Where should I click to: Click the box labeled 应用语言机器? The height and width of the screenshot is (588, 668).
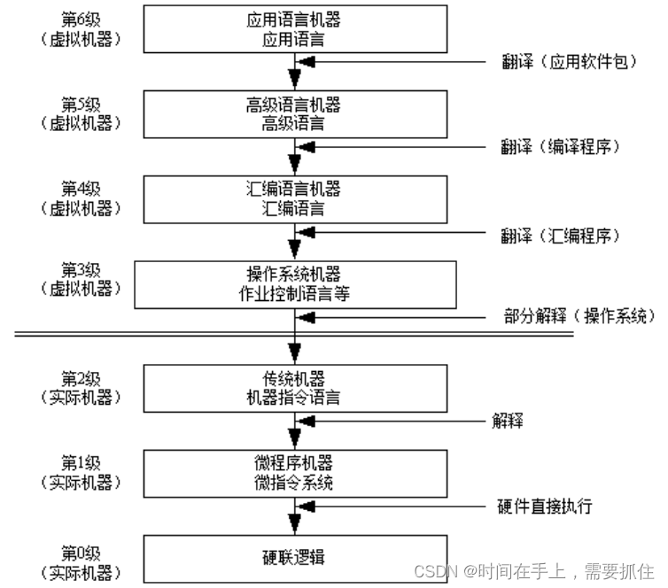tap(293, 29)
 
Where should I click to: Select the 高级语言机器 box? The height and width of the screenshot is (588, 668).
tap(293, 114)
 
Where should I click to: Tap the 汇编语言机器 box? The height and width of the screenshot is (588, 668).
tap(293, 199)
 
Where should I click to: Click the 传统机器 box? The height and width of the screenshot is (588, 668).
tap(293, 388)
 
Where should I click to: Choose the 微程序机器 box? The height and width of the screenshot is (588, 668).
tap(293, 473)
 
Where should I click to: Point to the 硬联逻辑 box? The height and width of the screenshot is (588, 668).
tap(293, 557)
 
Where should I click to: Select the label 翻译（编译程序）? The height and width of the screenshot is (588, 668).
tap(559, 147)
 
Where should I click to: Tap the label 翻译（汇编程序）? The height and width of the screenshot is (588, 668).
tap(559, 236)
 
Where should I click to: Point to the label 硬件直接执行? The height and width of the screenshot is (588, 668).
tap(545, 507)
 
